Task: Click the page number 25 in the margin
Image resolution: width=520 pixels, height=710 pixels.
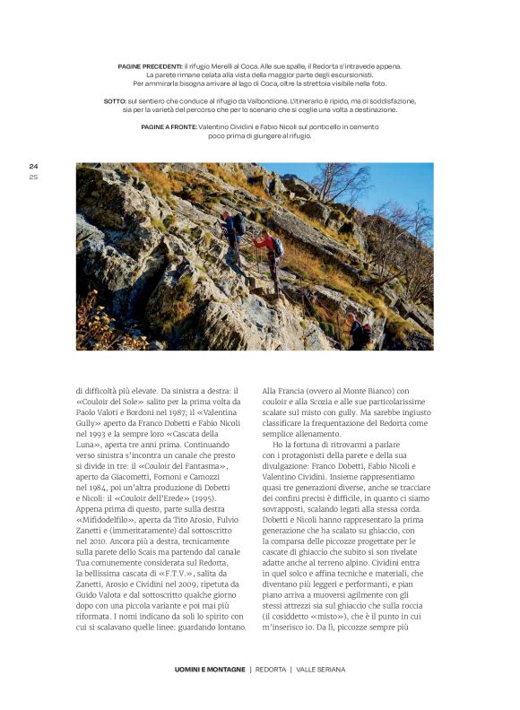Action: [x=33, y=176]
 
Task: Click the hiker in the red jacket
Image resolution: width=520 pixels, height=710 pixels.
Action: [x=266, y=247]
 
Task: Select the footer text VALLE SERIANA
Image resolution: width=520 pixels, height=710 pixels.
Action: [x=320, y=669]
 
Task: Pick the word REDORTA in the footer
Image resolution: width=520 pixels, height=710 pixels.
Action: [x=271, y=669]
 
